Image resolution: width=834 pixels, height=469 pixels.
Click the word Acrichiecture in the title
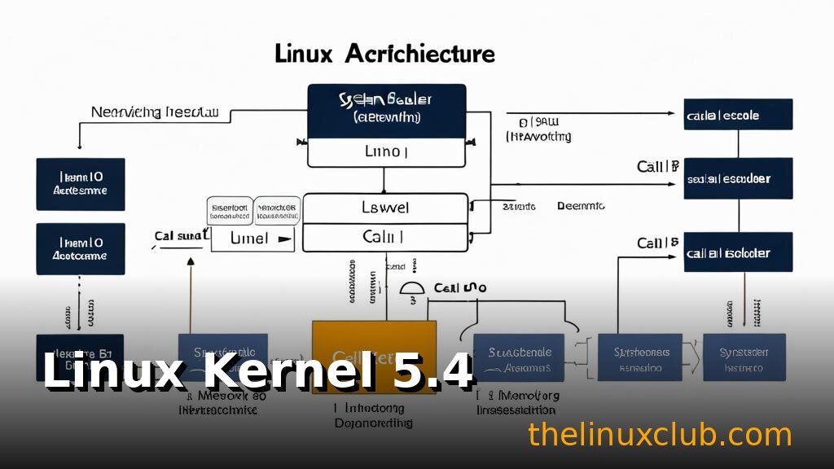(419, 54)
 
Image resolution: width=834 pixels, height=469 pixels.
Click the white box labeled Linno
(386, 152)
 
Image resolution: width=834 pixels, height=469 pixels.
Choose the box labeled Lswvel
(385, 208)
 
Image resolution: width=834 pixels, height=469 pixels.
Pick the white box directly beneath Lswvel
(385, 237)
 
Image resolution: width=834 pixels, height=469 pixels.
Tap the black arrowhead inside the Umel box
(284, 240)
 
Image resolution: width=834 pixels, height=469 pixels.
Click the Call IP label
(657, 167)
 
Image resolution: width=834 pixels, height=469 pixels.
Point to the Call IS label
(657, 243)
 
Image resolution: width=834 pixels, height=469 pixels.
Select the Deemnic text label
(581, 207)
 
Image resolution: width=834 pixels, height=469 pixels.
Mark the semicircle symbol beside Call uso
(414, 290)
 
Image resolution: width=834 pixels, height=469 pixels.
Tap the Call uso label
(460, 288)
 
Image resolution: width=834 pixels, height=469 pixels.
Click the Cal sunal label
(179, 236)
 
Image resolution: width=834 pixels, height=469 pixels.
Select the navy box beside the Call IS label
(738, 253)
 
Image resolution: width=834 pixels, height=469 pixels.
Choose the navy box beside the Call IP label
(738, 178)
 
